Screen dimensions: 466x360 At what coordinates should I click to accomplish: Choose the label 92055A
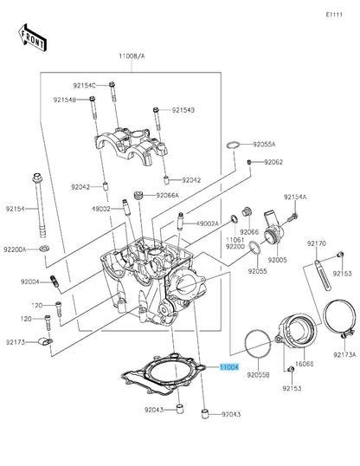tap(264, 145)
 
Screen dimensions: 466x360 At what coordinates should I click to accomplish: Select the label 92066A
tap(167, 195)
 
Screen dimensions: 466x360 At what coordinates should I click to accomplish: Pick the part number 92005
tap(277, 260)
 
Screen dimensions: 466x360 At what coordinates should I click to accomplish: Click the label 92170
tap(317, 244)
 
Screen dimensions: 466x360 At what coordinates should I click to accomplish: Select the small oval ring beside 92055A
tap(233, 144)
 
